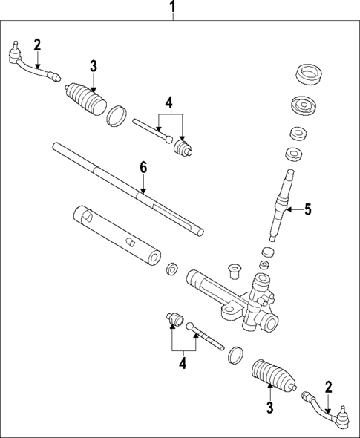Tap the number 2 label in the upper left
(x=37, y=45)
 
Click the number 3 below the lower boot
(x=269, y=406)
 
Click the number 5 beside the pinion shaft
(x=307, y=209)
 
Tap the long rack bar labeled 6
(x=126, y=189)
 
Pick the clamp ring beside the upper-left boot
(x=117, y=116)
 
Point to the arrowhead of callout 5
(x=289, y=210)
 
